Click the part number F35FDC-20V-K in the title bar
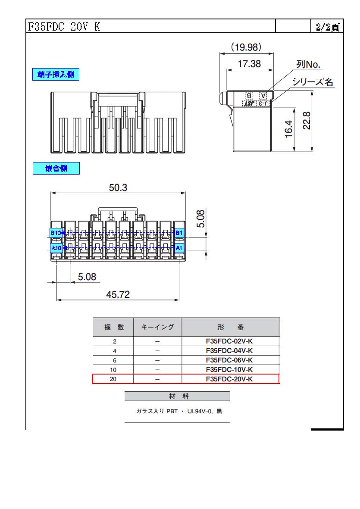click(x=64, y=26)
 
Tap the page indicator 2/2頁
click(x=328, y=27)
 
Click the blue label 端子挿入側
click(x=56, y=75)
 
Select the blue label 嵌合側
click(x=56, y=168)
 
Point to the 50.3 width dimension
click(x=118, y=187)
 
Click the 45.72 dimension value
click(x=118, y=294)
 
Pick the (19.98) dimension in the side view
click(x=246, y=47)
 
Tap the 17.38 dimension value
click(x=249, y=64)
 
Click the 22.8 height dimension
click(x=307, y=120)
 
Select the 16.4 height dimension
click(x=288, y=129)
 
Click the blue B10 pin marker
click(x=56, y=233)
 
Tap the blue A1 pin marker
click(x=179, y=248)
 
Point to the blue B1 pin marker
click(x=179, y=233)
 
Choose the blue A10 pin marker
click(x=56, y=248)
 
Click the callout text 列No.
click(x=308, y=64)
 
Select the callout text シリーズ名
click(x=313, y=81)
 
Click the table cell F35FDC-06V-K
click(x=229, y=360)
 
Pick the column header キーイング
click(x=157, y=327)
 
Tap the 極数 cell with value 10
click(x=113, y=370)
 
